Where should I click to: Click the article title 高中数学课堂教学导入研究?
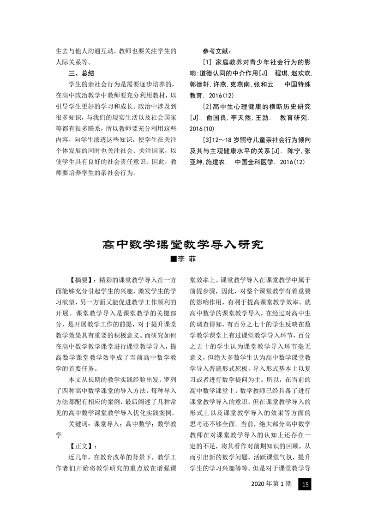pos(183,244)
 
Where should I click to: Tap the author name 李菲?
pos(186,259)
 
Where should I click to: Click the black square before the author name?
pos(174,259)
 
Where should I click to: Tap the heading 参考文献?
pos(220,52)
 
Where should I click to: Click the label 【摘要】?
pos(81,280)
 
